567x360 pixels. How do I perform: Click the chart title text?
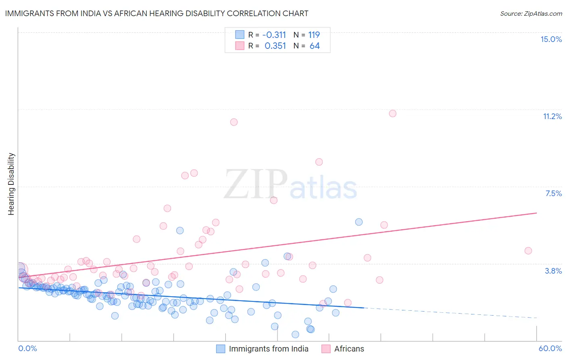point(156,14)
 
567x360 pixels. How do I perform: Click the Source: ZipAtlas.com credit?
point(531,14)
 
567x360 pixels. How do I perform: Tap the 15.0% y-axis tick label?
point(551,39)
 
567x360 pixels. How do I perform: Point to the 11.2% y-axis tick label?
point(552,116)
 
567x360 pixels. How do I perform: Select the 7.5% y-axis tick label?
point(553,193)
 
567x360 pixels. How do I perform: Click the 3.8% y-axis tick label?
point(553,271)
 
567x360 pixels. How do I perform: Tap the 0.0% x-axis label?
point(28,348)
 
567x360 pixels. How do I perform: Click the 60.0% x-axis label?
point(550,348)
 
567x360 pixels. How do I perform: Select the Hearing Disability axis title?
point(11,184)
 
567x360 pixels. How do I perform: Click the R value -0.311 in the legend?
point(274,35)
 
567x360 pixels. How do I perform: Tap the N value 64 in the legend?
point(315,46)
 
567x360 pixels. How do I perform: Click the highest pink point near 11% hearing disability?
point(392,113)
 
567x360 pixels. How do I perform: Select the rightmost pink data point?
point(528,251)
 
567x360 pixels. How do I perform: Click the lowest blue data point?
point(295,334)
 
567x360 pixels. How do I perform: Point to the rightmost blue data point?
point(359,222)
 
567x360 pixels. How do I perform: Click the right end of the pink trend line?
point(536,213)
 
